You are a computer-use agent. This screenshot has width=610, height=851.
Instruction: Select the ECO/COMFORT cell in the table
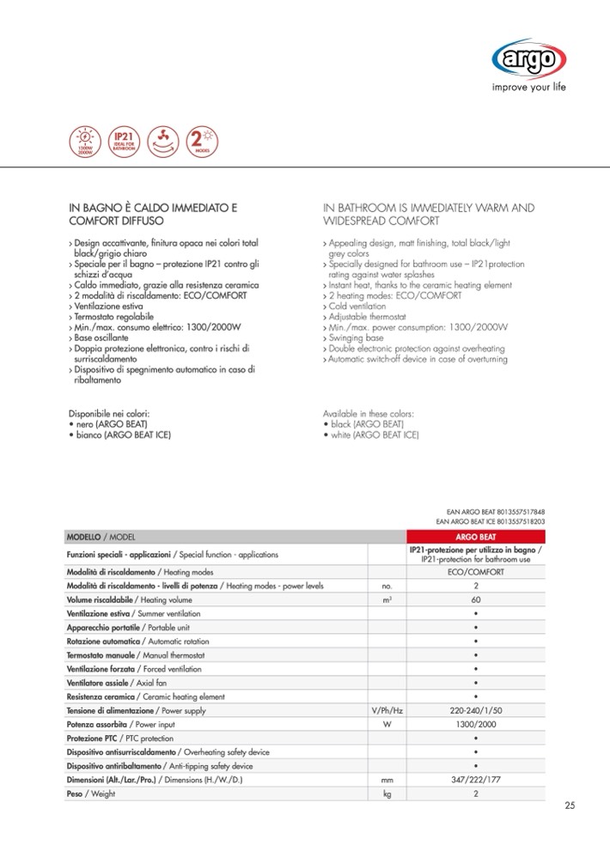coord(475,571)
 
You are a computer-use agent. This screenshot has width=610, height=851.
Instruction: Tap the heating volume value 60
coord(475,599)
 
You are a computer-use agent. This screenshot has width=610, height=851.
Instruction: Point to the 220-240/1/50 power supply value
coord(475,711)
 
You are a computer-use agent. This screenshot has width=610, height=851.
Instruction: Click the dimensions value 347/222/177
coord(475,780)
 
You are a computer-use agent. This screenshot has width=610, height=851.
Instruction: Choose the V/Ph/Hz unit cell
coord(386,711)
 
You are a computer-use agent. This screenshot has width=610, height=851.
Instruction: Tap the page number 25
coord(570,805)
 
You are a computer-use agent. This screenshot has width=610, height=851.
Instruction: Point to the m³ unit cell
coord(386,599)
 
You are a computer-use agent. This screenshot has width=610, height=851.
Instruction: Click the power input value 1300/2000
coord(475,725)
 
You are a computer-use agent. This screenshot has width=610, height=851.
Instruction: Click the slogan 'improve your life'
coord(528,87)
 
